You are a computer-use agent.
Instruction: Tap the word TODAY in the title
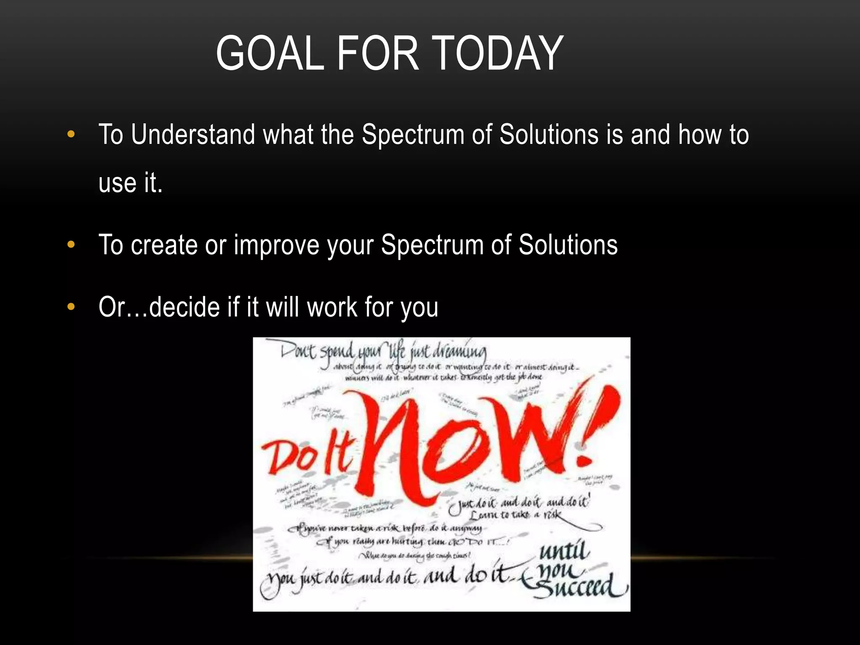pos(497,53)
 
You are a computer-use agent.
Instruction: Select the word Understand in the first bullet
pos(193,135)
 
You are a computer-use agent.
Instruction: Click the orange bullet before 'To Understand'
pos(71,135)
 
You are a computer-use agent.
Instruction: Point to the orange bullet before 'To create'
pos(71,245)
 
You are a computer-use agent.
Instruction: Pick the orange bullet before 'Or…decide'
pos(71,307)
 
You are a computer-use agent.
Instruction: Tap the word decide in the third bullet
pos(185,307)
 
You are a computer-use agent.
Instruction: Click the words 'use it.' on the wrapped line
pos(131,183)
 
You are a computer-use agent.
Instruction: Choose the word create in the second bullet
pos(164,245)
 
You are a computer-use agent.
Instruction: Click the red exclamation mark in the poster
pos(596,424)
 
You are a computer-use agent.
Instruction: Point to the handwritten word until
pos(565,551)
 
